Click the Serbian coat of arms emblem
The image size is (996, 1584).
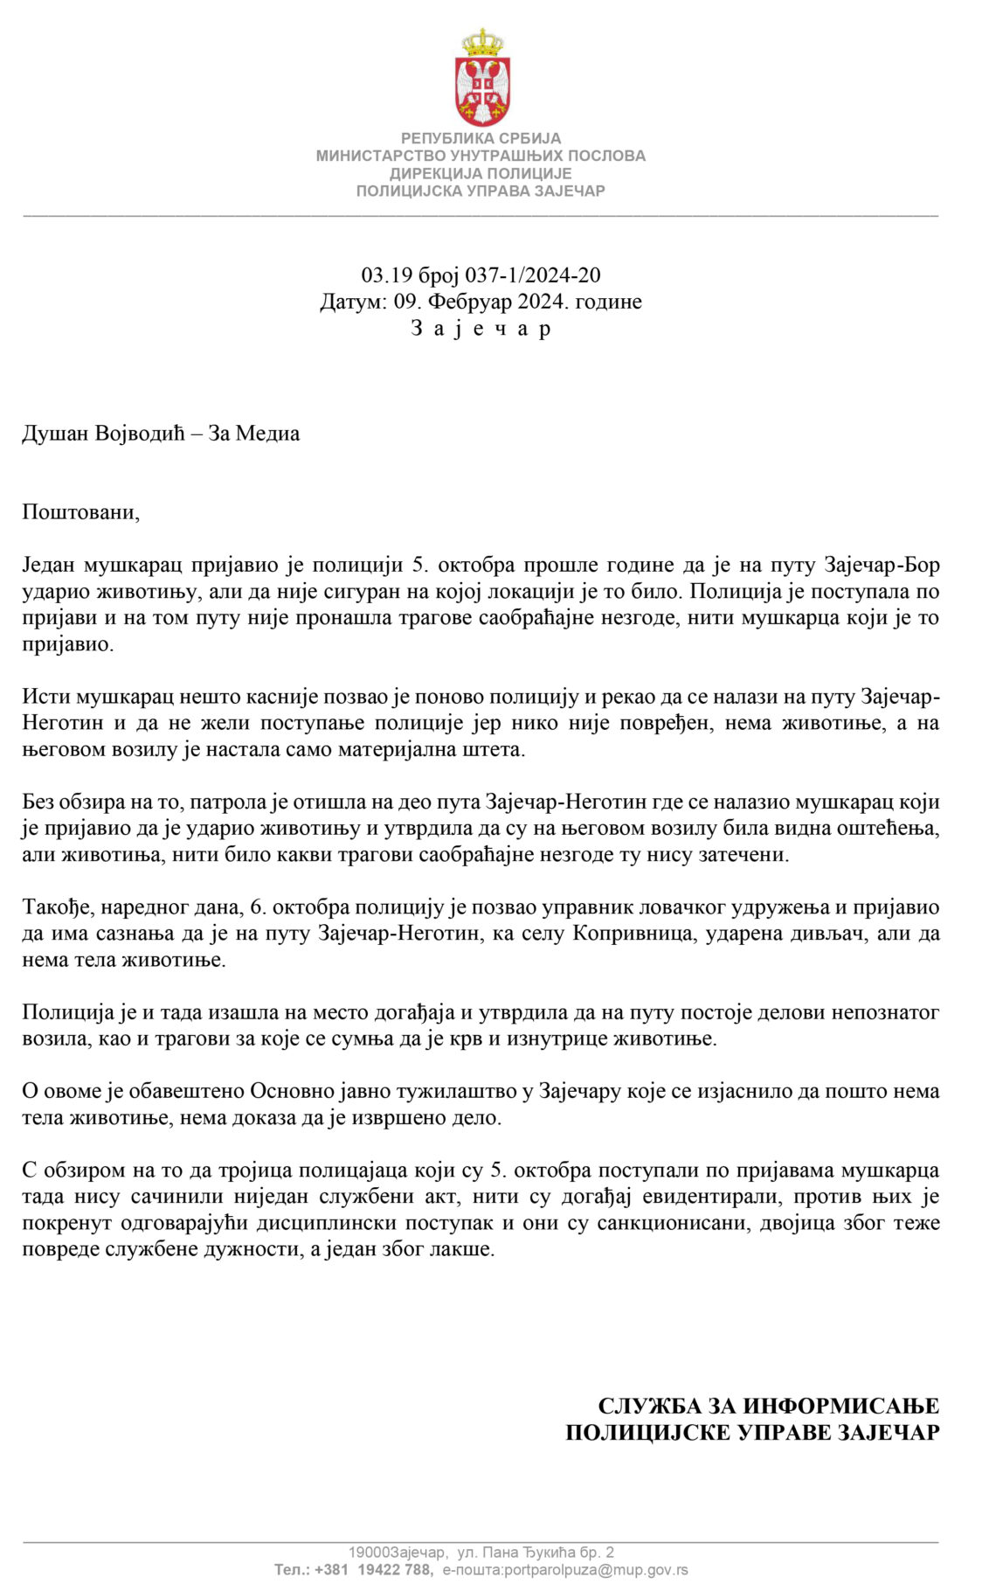click(x=481, y=78)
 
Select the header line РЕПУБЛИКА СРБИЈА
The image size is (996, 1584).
click(x=481, y=138)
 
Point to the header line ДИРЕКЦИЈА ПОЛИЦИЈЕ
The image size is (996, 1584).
click(x=481, y=173)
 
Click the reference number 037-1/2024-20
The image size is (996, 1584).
click(x=532, y=275)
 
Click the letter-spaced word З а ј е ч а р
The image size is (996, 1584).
click(x=481, y=329)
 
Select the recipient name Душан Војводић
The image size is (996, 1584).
click(x=104, y=434)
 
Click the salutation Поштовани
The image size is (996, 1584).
click(x=80, y=512)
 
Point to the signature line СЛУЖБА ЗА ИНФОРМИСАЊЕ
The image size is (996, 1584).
click(x=768, y=1407)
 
